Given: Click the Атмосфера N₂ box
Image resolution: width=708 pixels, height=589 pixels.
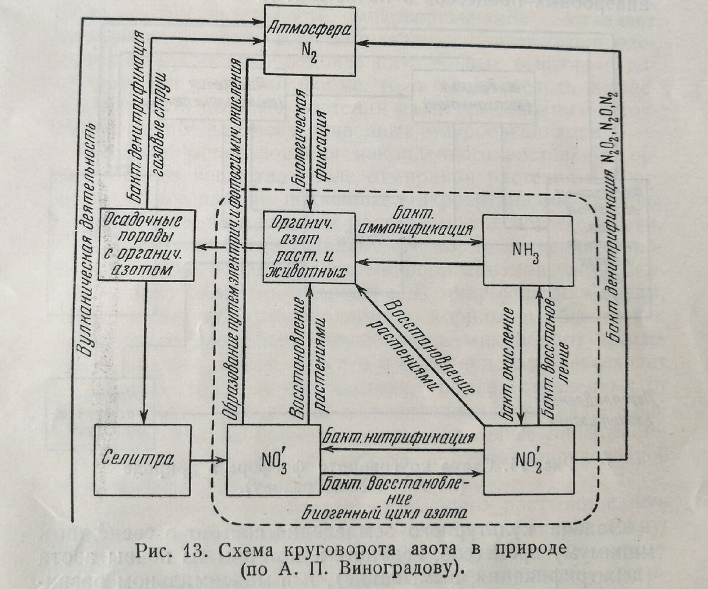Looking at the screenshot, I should [x=309, y=40].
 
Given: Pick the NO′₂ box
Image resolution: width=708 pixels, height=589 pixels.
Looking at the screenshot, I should [x=529, y=460].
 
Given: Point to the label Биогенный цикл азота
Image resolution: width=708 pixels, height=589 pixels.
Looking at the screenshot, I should [x=383, y=510].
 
